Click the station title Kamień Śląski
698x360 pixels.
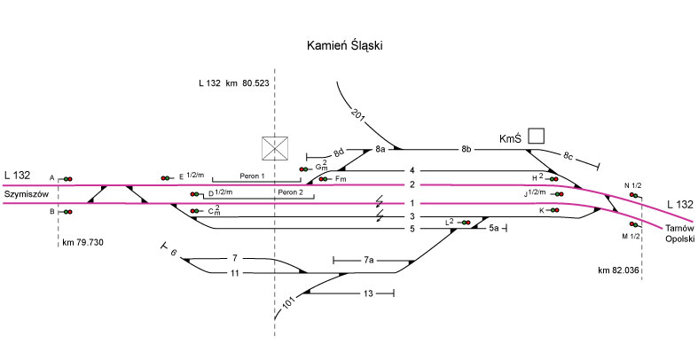349,45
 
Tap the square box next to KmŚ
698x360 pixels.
536,136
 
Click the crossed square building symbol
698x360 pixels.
274,148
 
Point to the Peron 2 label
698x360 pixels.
290,192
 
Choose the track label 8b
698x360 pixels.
467,148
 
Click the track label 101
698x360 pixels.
289,304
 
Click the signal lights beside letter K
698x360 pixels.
552,210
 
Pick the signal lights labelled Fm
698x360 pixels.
325,179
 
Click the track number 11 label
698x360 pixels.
235,272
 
